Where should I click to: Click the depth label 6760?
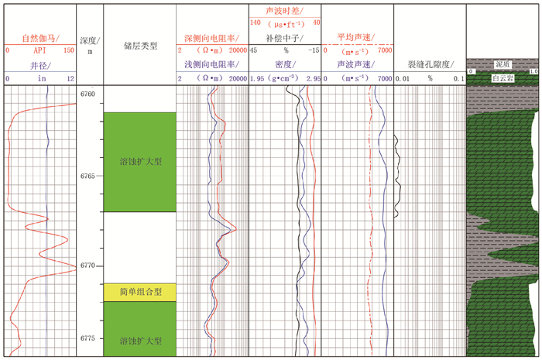tap(88, 94)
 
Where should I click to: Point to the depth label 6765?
tap(88, 176)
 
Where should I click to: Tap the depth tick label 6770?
tap(88, 266)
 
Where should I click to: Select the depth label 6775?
tap(88, 338)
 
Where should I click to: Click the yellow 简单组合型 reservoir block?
tap(140, 292)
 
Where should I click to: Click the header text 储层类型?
tap(140, 46)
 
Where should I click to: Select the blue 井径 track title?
tap(39, 66)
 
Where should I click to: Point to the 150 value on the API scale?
tap(68, 50)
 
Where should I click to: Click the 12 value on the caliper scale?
tap(70, 79)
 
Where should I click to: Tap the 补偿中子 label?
tap(284, 37)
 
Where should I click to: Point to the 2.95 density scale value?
tap(313, 79)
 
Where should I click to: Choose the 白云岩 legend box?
tap(504, 77)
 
